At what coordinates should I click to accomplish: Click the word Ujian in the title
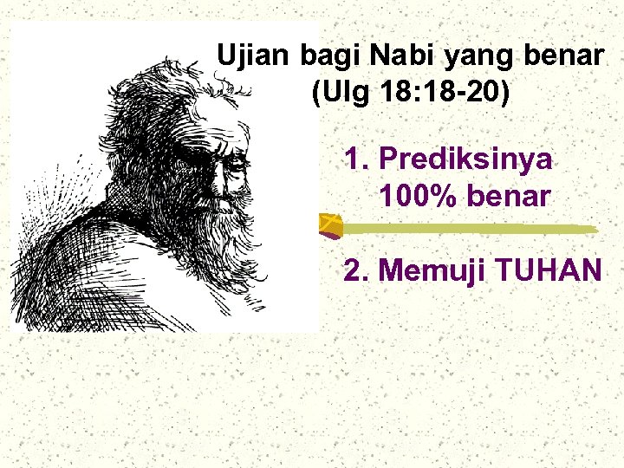point(255,56)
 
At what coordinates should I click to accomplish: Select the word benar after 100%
point(509,197)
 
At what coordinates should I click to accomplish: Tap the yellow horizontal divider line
point(468,229)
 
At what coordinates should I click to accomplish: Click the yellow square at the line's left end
point(329,226)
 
